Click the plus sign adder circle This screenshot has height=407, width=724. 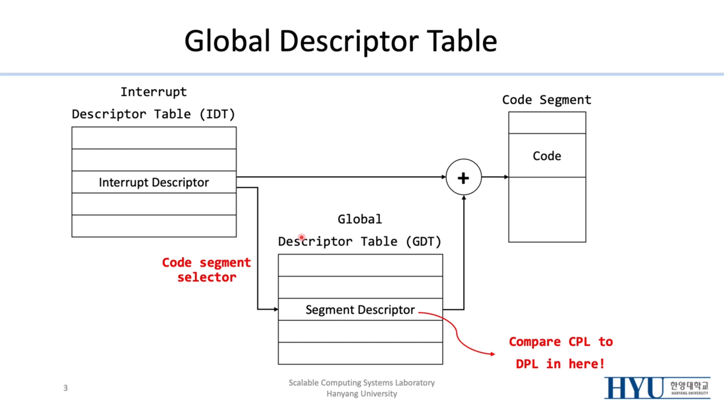tap(463, 177)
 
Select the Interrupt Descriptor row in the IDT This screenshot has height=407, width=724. tap(154, 182)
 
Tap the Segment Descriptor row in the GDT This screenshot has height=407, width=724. tap(360, 310)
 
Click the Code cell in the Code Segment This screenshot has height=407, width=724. tap(547, 156)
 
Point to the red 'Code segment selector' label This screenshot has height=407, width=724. tap(206, 270)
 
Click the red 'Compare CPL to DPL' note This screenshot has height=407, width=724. tap(561, 353)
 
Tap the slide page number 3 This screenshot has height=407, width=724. tap(65, 388)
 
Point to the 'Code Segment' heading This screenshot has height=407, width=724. tap(547, 100)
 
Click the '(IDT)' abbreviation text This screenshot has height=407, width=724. tap(217, 114)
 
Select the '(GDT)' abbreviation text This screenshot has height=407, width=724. tap(423, 241)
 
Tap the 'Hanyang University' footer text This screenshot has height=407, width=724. tap(362, 394)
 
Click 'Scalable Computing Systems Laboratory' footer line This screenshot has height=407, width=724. tap(362, 383)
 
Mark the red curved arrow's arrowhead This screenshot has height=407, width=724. tap(492, 354)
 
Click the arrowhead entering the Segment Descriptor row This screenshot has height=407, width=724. tap(276, 309)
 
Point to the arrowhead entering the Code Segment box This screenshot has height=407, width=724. tap(506, 177)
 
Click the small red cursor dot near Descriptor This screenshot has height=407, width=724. tap(301, 237)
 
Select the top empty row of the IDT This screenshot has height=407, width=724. tap(154, 138)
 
